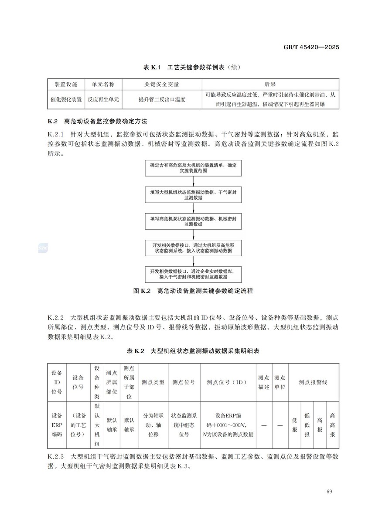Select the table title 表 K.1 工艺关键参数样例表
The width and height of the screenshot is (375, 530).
pos(192,68)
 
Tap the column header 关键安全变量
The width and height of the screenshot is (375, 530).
pos(162,84)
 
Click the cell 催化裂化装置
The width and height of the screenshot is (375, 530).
pos(66,99)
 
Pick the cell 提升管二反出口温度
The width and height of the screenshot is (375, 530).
pos(162,99)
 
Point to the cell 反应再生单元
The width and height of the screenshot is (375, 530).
pos(103,99)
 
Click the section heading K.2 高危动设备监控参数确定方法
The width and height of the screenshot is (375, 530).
pos(100,120)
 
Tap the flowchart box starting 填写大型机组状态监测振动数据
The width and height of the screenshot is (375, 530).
pos(193,194)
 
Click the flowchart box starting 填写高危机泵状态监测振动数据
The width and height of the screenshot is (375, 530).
pos(193,221)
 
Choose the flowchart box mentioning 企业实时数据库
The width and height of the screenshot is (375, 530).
pos(193,274)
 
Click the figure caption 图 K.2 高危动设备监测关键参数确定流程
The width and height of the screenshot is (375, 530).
pos(193,291)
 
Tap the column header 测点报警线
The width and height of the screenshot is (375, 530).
pos(313,382)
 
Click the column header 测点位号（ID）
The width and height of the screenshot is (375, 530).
pos(228,382)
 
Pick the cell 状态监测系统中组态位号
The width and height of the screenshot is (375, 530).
pos(184,425)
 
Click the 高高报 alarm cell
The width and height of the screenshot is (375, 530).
pos(333,425)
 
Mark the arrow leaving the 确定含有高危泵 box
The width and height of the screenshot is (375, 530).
pos(193,181)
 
